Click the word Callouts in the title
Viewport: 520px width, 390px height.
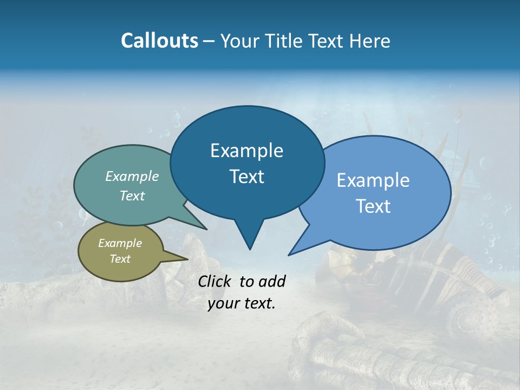(x=159, y=41)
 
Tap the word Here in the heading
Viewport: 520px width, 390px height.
(x=370, y=41)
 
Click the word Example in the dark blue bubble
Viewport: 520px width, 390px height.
(x=246, y=151)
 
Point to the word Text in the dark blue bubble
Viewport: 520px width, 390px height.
(x=246, y=177)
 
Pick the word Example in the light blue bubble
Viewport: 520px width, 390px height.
(x=373, y=180)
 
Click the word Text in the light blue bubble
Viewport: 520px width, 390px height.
(x=373, y=206)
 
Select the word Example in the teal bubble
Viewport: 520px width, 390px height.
(x=132, y=176)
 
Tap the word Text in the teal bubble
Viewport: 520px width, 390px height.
(x=132, y=196)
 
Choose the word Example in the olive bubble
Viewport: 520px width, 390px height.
(x=120, y=243)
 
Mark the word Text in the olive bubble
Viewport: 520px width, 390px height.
(x=120, y=259)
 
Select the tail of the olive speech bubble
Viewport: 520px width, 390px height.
(x=179, y=258)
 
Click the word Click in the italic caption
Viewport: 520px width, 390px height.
(x=216, y=281)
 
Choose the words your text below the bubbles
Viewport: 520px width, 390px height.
(x=242, y=303)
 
